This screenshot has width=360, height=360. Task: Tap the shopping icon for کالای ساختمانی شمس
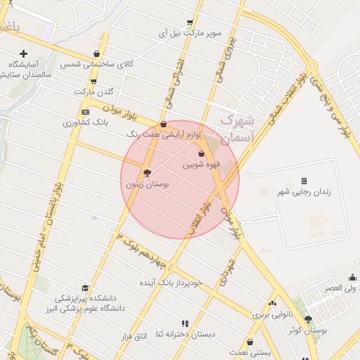click(x=96, y=54)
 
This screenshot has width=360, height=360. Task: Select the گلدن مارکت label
click(x=94, y=92)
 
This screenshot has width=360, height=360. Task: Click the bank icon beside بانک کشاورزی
click(x=86, y=112)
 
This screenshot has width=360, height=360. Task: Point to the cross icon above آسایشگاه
click(x=23, y=53)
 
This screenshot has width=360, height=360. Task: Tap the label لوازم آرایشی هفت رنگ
click(x=164, y=134)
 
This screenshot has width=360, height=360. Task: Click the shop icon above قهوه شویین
click(x=202, y=153)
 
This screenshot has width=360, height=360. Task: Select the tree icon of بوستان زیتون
click(x=146, y=172)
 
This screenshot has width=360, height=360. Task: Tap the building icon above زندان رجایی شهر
click(x=304, y=181)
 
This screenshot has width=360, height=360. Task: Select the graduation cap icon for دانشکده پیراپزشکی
click(x=85, y=288)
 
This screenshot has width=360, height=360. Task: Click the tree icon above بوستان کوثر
click(x=308, y=320)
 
